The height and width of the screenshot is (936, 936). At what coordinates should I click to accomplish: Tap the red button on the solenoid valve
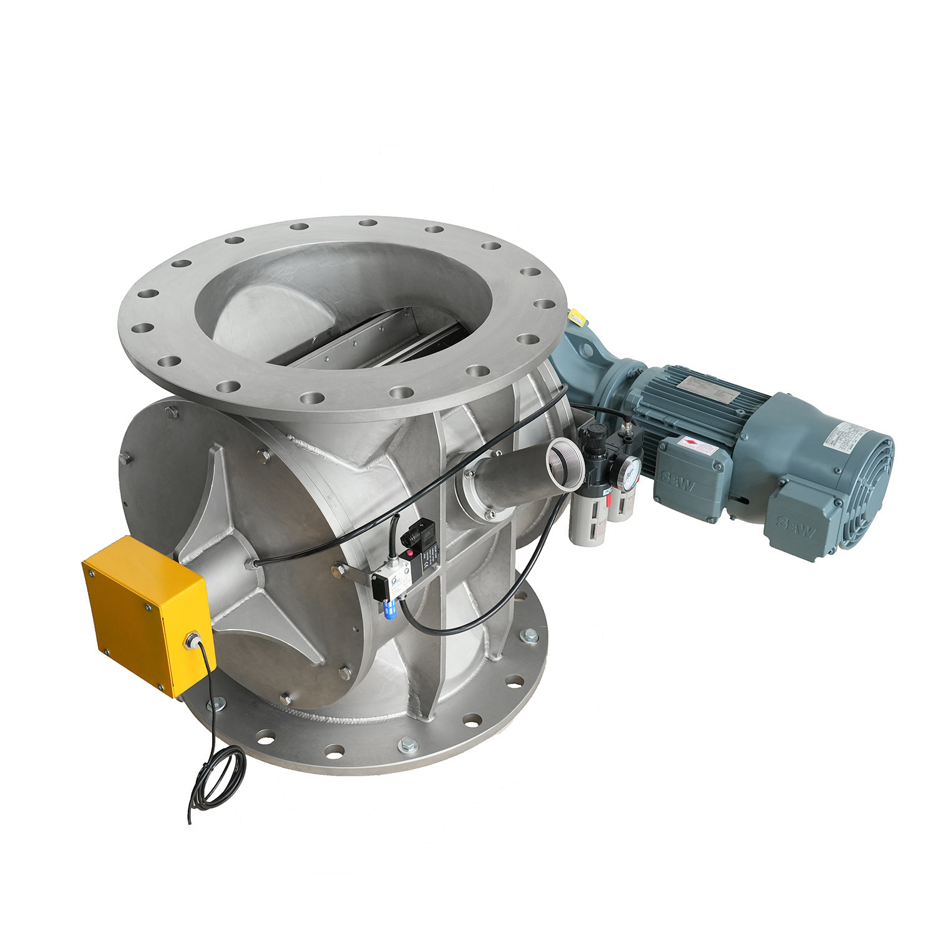point(410,554)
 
